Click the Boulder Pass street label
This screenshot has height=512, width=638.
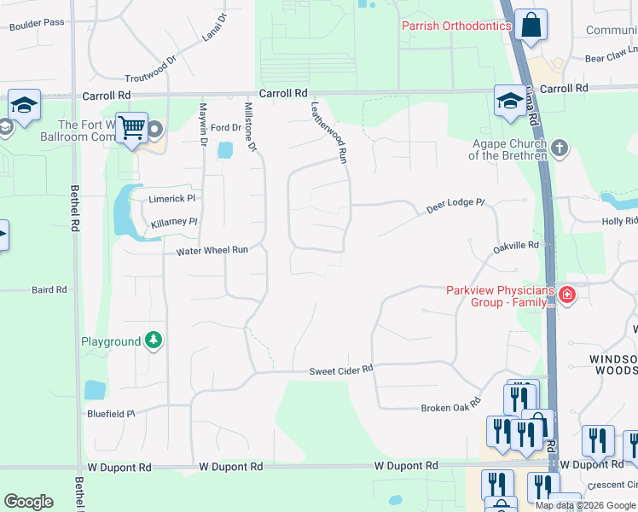click(37, 23)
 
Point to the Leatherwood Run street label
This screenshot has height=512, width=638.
click(330, 132)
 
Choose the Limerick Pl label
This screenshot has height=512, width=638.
click(173, 198)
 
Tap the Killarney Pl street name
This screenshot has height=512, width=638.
click(174, 222)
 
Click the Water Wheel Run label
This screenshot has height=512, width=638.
click(212, 251)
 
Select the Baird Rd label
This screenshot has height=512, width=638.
click(49, 290)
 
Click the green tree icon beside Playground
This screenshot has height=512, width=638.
click(154, 341)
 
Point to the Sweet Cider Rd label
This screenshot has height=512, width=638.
click(341, 369)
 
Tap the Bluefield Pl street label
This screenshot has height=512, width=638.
click(111, 414)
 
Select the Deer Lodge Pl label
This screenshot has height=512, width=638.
click(455, 205)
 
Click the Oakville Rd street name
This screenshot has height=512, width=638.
click(516, 246)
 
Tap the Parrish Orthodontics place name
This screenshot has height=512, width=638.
click(456, 26)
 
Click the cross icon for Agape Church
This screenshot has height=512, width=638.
click(559, 148)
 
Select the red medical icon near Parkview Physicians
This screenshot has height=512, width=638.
click(566, 296)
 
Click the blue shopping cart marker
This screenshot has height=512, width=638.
click(131, 128)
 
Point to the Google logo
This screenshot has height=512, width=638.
click(28, 502)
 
